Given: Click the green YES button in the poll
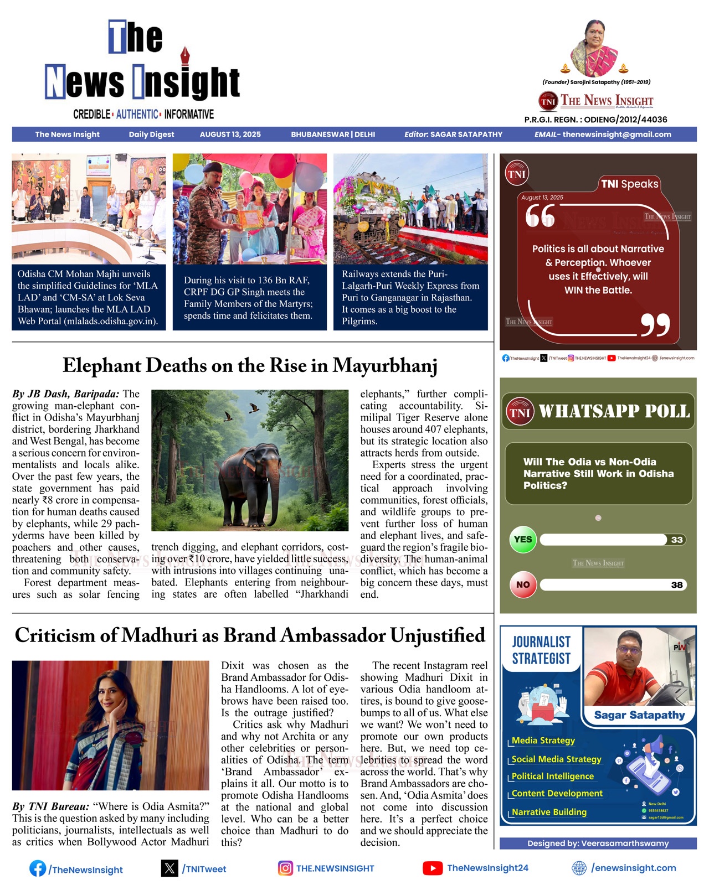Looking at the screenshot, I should click(x=523, y=540).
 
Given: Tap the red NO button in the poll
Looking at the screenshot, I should click(x=523, y=584).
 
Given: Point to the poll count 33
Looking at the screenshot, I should click(x=676, y=540).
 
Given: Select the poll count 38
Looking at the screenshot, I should click(x=676, y=585).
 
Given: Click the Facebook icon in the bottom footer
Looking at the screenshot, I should click(x=38, y=868).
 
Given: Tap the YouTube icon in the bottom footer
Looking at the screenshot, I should click(x=432, y=868).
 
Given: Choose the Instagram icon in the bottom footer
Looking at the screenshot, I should click(x=285, y=868).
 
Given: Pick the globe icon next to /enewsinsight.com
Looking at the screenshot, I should click(x=579, y=868).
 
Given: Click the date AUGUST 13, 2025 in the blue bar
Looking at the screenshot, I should click(x=230, y=134).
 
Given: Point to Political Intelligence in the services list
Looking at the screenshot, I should click(x=552, y=777).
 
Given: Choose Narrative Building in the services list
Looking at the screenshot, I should click(x=548, y=812).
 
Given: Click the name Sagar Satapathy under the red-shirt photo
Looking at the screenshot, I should click(x=639, y=715).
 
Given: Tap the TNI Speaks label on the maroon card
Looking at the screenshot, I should click(x=630, y=184).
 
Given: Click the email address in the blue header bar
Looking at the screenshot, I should click(x=616, y=134).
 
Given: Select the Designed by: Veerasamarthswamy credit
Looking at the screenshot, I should click(x=598, y=843).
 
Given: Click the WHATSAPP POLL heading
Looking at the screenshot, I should click(x=614, y=411).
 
